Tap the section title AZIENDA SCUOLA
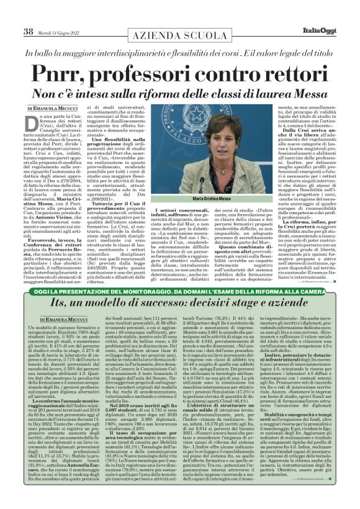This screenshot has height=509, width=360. (178, 20)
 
